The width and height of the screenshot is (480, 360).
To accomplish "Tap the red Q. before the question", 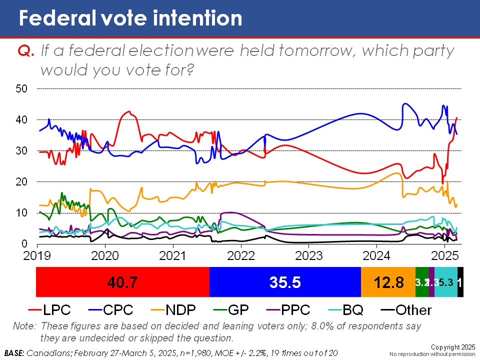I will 25,51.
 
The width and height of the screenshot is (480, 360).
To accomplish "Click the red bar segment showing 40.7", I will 122,282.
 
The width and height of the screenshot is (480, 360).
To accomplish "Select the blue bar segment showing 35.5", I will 285,282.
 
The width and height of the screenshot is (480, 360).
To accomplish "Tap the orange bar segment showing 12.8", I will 388,282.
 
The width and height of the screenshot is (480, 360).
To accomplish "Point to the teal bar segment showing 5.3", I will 446,282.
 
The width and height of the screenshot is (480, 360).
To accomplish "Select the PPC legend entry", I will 295,310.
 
